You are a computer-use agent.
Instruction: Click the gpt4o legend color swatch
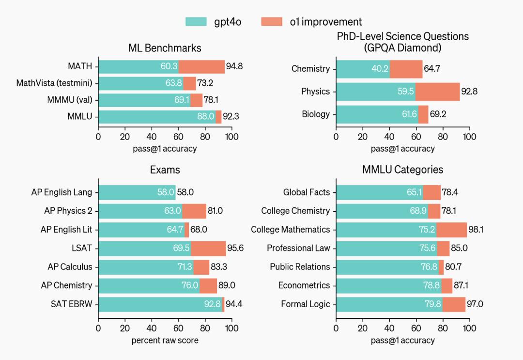(196, 22)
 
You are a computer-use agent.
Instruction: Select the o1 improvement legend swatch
(272, 22)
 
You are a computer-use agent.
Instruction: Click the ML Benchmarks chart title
(165, 48)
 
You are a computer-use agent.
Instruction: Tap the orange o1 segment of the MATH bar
(201, 66)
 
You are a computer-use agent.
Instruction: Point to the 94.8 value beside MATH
(234, 66)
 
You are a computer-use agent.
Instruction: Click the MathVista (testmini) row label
(54, 83)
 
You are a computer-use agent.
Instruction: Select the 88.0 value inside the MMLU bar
(205, 117)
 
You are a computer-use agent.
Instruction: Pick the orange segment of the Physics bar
(437, 92)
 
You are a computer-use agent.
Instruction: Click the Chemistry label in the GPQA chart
(310, 69)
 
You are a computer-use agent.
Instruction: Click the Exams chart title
(165, 170)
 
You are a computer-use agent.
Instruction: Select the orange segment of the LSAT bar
(208, 248)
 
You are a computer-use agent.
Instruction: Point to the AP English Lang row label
(62, 192)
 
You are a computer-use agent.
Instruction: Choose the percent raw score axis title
(165, 340)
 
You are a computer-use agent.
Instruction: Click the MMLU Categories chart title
(402, 170)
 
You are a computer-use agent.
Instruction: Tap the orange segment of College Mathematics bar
(451, 230)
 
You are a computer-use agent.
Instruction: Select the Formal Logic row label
(305, 304)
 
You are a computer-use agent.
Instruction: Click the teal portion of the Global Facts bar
(378, 192)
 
